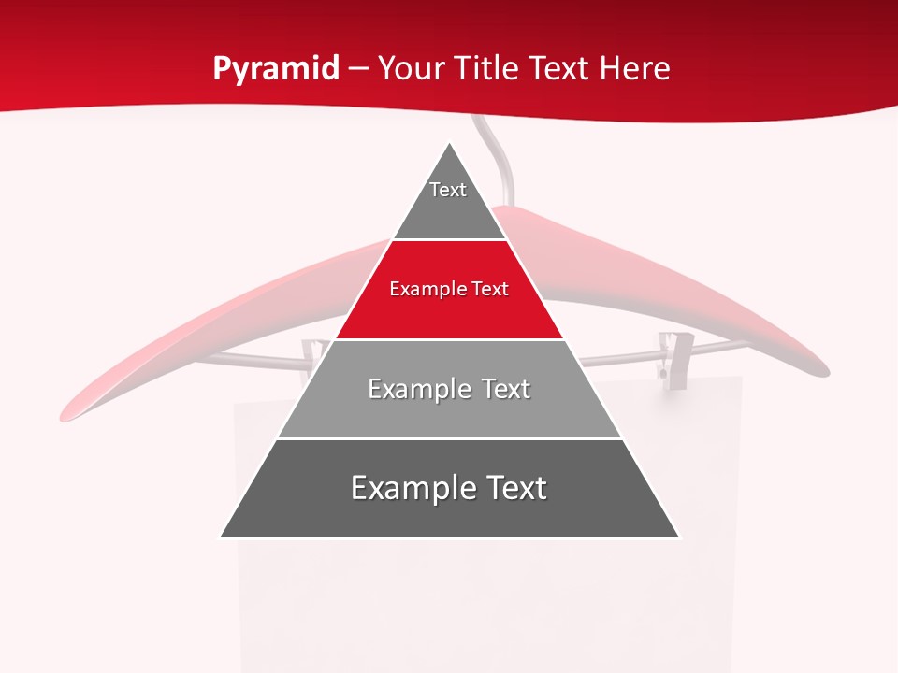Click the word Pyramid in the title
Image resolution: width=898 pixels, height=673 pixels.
(275, 68)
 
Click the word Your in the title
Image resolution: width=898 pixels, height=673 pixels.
(410, 68)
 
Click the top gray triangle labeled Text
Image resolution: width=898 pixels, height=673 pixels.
(449, 201)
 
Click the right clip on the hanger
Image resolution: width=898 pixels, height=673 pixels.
(670, 355)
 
